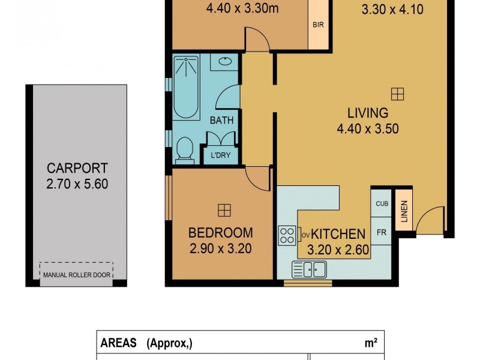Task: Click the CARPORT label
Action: (77, 168)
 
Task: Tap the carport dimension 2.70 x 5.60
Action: (77, 184)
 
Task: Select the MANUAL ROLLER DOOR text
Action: (76, 277)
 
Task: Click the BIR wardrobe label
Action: (319, 25)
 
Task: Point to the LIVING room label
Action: (368, 113)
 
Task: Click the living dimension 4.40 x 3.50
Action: (368, 128)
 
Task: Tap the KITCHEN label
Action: (338, 234)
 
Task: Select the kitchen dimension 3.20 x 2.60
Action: (338, 250)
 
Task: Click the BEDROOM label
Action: (221, 233)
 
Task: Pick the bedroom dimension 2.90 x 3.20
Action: (221, 248)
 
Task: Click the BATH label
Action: (221, 120)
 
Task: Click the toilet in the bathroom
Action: (185, 149)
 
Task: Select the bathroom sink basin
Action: (226, 61)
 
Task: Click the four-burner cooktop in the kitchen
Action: (287, 235)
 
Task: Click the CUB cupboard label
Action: (382, 203)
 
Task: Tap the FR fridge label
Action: (382, 232)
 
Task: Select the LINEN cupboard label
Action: (404, 212)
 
